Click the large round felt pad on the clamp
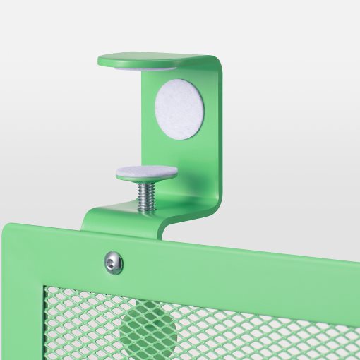tap(179, 108)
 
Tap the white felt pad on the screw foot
tap(146, 171)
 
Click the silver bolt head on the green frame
tap(113, 263)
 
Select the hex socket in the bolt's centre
tap(113, 263)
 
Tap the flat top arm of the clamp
tap(155, 59)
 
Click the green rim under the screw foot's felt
tap(146, 177)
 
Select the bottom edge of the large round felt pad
tap(179, 137)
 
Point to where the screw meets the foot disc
tap(146, 182)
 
